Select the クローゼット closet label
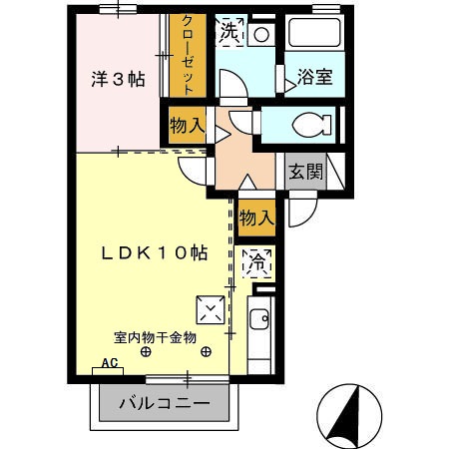tap(186, 55)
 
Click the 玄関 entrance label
tap(305, 172)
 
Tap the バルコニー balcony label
tap(165, 405)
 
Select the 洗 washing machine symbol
tap(230, 31)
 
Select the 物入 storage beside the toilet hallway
tap(186, 127)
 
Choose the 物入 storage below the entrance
tap(256, 217)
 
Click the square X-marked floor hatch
tap(211, 310)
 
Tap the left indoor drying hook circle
tap(146, 351)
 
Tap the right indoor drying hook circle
tap(204, 351)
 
